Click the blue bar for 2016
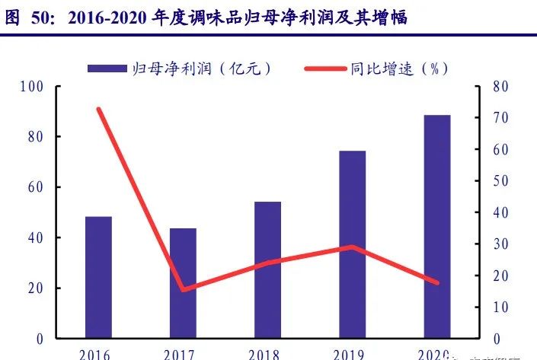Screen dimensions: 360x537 98,278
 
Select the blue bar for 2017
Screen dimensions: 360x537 183,283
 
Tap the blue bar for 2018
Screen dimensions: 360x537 267,270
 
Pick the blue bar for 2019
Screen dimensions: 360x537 352,244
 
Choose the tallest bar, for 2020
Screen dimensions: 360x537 436,227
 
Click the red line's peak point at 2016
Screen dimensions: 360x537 99,110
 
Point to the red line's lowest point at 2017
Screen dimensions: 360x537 184,290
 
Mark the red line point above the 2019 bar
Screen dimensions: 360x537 352,247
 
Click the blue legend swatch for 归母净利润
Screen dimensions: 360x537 107,68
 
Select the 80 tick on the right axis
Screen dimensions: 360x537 500,87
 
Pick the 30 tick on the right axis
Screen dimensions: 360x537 500,244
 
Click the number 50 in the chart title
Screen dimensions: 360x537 42,18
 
